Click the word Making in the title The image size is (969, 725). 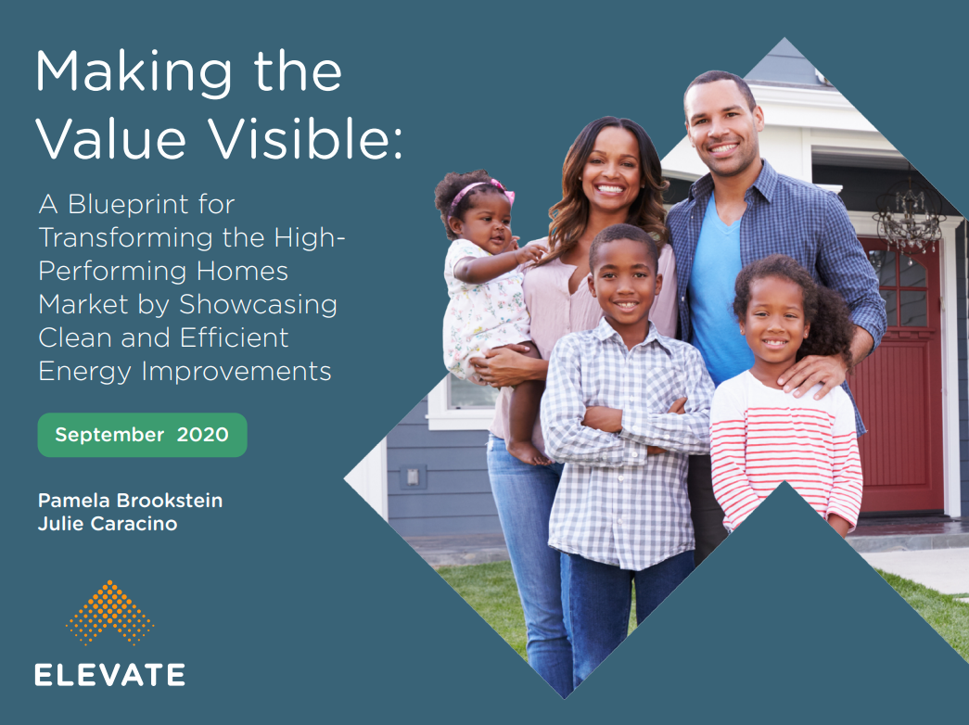click(134, 74)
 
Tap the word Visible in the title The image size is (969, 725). click(305, 137)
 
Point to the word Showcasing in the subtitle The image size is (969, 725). click(259, 305)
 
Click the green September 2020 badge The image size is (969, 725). click(142, 435)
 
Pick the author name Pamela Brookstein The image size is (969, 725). click(131, 500)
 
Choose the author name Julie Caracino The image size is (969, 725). click(108, 524)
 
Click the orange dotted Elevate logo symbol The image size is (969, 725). click(110, 612)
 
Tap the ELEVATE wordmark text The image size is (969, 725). click(110, 674)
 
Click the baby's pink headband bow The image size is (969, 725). click(501, 189)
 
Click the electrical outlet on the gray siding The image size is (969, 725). click(413, 477)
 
